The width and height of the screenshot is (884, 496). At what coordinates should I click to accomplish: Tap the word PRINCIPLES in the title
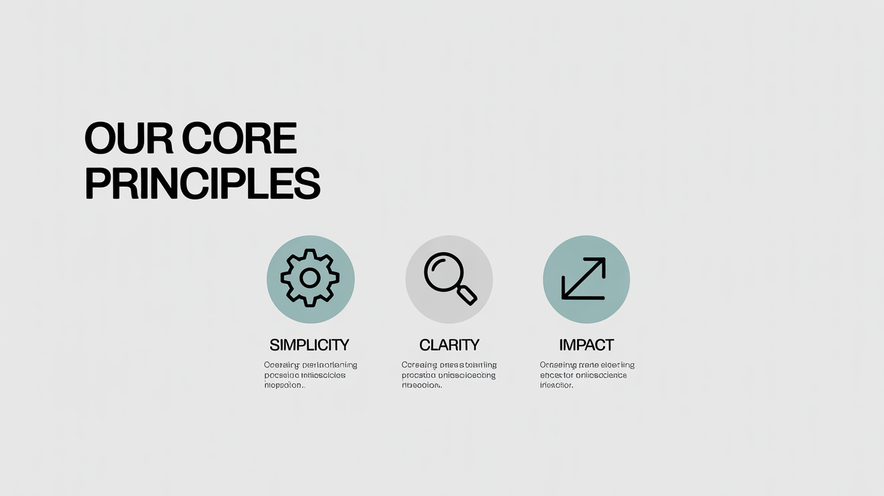click(202, 183)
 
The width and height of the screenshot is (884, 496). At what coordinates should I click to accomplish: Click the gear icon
click(310, 278)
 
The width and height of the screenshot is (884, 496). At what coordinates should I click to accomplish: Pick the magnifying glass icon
click(449, 278)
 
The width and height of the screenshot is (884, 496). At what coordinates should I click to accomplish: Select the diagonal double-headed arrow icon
click(585, 278)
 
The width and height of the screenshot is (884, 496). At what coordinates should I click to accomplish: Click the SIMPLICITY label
click(309, 345)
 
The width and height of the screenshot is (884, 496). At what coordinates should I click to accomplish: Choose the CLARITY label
click(449, 345)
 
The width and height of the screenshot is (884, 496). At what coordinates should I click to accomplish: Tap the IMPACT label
click(586, 345)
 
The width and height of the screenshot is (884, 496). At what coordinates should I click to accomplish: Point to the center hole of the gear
click(310, 278)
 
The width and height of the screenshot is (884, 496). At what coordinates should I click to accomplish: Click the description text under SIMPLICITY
click(309, 375)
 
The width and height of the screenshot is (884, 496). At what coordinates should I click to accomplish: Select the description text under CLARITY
click(448, 375)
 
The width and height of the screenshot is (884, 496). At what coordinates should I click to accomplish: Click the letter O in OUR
click(100, 139)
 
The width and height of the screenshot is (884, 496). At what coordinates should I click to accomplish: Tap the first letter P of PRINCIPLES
click(96, 183)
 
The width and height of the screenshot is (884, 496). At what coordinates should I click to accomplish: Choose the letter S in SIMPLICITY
click(274, 345)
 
